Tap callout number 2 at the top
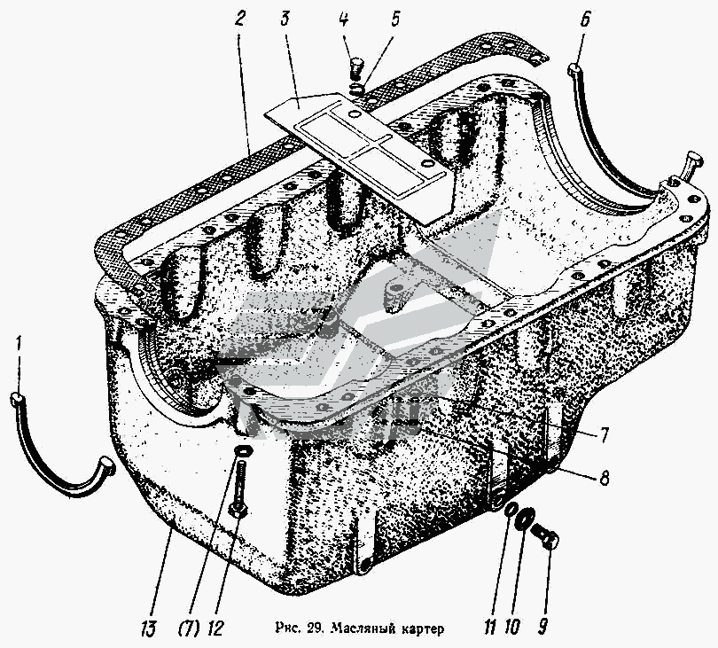[240, 20]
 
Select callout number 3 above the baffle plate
[285, 20]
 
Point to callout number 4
[343, 20]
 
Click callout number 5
[394, 20]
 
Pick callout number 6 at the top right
[585, 20]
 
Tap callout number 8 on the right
[605, 478]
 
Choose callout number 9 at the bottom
[543, 625]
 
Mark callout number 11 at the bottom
[489, 625]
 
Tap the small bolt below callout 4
[355, 68]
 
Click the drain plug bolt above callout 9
[545, 536]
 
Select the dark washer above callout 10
[523, 517]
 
